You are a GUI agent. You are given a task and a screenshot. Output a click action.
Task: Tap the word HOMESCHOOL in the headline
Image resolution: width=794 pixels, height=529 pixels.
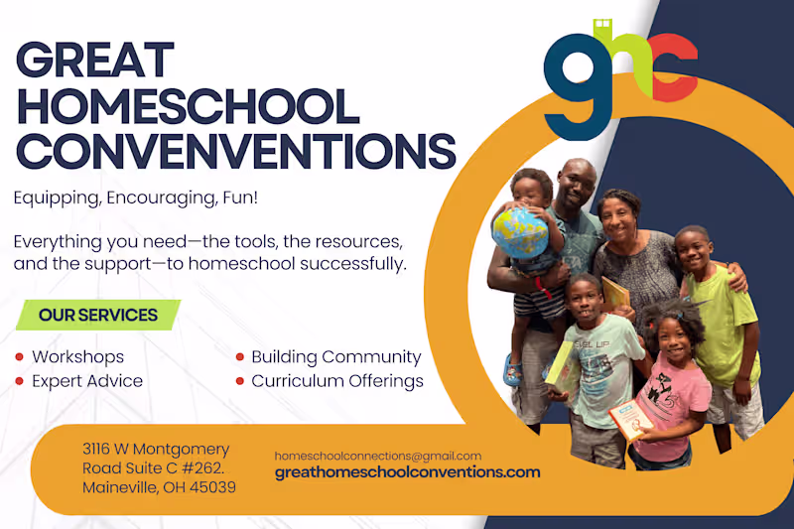click(188, 106)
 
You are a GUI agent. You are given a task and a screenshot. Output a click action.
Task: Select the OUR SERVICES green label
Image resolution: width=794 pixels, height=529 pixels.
click(97, 316)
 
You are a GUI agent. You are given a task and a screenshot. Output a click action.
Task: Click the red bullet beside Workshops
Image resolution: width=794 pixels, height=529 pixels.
click(20, 357)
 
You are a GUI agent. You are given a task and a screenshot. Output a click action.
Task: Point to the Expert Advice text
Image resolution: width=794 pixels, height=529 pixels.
click(87, 381)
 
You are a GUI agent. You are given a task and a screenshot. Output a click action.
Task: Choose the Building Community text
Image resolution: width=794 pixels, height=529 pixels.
click(335, 357)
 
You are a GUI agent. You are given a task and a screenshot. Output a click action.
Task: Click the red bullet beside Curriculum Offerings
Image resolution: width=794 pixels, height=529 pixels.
click(240, 381)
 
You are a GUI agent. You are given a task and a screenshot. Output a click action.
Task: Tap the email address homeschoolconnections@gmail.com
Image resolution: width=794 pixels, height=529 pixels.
click(377, 456)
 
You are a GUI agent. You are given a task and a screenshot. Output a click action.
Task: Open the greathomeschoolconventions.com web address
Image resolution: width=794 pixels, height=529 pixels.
click(407, 472)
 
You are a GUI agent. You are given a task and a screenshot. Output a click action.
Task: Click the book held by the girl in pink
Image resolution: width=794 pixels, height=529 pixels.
click(630, 419)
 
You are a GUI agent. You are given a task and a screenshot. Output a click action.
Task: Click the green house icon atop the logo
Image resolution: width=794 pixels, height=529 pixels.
click(601, 27)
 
